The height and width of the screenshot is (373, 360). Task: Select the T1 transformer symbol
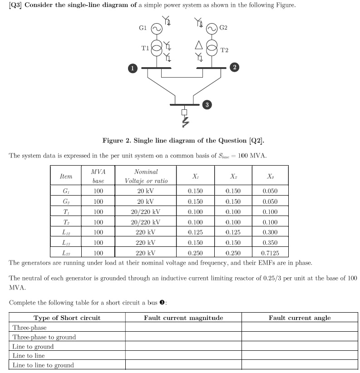pos(156,48)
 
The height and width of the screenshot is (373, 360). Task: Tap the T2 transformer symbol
pos(212,48)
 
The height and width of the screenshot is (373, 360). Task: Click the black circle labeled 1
pos(132,69)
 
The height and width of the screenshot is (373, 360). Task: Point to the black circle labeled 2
pos(234,68)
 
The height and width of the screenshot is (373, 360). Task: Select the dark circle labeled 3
pos(207,105)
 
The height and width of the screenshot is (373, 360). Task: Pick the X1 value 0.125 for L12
pos(195,232)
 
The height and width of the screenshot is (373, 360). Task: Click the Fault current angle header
pos(300,318)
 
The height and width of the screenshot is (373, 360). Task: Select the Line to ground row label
pos(33,347)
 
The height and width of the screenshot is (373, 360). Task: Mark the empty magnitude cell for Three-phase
pos(183,328)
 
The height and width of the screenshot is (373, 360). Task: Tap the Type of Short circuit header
pos(67,318)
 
